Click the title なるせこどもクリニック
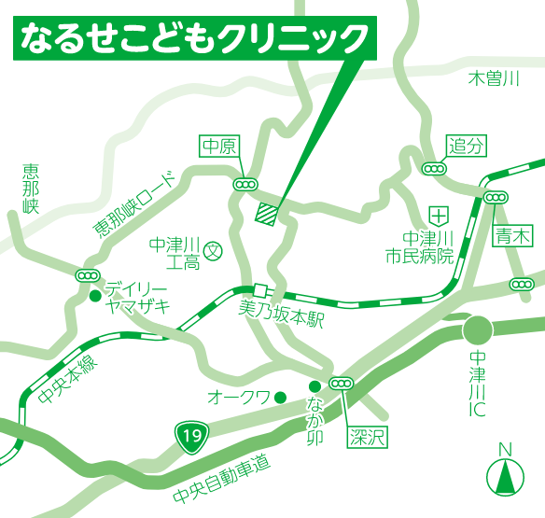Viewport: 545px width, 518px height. click(195, 38)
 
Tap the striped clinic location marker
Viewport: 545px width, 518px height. click(267, 213)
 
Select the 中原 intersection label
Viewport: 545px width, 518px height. click(221, 145)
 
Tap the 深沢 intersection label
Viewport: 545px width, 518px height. click(368, 436)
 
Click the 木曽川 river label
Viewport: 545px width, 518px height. click(493, 78)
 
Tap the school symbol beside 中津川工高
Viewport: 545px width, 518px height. click(213, 250)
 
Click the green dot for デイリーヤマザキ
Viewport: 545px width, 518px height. click(94, 297)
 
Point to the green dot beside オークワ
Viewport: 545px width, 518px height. click(279, 397)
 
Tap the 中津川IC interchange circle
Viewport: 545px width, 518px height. click(479, 329)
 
